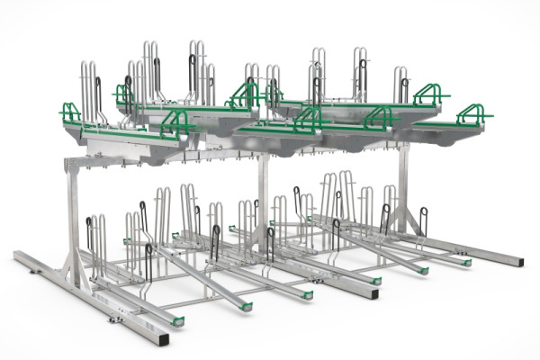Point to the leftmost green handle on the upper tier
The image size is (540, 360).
[70, 112]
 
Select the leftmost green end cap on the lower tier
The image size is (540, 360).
[177, 322]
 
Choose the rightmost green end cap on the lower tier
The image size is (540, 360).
[466, 263]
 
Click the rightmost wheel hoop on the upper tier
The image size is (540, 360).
[400, 84]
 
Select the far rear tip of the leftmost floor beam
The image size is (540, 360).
[18, 256]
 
